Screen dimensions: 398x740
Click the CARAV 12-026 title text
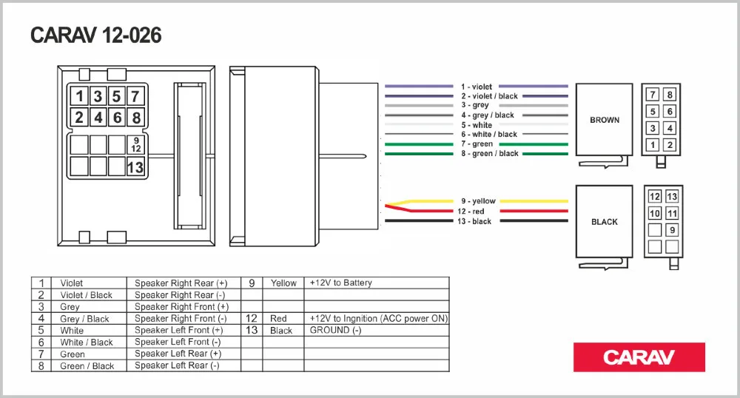tap(95, 36)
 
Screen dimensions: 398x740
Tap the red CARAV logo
tap(639, 357)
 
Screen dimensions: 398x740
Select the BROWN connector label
tap(605, 120)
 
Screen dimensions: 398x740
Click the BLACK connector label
tap(604, 222)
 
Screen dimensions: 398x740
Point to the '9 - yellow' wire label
tap(478, 201)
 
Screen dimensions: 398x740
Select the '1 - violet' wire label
tap(477, 87)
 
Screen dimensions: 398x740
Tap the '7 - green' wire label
tap(477, 144)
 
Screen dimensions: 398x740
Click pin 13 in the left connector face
tap(135, 167)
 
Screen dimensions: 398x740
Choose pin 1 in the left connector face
tap(79, 96)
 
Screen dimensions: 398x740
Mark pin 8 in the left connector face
tap(135, 118)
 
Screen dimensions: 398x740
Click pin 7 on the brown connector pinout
tap(652, 95)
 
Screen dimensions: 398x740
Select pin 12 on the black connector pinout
tap(654, 197)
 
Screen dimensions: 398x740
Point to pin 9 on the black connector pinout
tap(672, 231)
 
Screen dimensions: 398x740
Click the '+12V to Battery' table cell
tap(341, 283)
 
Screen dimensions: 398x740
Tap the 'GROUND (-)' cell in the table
tap(335, 331)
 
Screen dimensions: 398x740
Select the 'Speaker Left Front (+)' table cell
tap(178, 331)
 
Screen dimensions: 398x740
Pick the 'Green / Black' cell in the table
tap(87, 366)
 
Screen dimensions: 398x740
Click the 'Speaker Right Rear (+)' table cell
tap(181, 283)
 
